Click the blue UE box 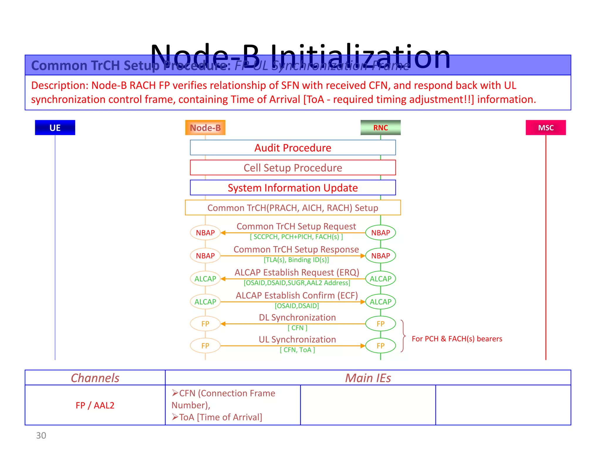tap(55, 127)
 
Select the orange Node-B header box tap(205, 127)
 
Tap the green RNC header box tap(380, 127)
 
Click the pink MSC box tap(546, 127)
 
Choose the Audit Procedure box tap(293, 148)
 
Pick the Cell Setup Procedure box tap(293, 168)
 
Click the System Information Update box tap(293, 187)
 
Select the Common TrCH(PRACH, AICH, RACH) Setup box tap(293, 208)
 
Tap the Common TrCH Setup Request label tap(296, 226)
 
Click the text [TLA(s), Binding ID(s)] tap(296, 260)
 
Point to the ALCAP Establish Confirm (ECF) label tap(297, 295)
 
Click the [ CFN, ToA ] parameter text tap(297, 350)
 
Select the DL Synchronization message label tap(297, 317)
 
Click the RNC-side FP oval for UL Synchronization tap(380, 346)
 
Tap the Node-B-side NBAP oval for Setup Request tap(205, 233)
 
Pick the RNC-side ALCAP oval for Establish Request tap(380, 279)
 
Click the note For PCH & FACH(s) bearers tap(457, 339)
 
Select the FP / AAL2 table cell tap(95, 405)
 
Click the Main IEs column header tap(368, 378)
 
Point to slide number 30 tap(41, 436)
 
